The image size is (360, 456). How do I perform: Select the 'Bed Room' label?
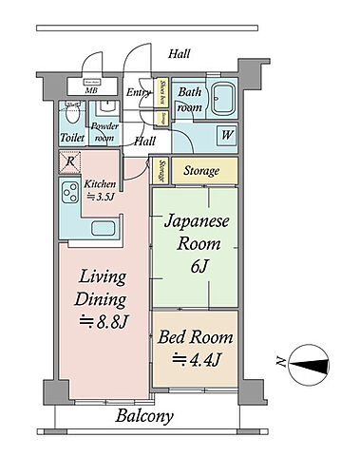pos(196,338)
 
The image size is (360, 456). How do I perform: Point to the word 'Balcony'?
pos(144,416)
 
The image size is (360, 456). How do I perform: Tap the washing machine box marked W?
pos(226,135)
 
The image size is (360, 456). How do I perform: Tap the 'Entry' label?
pos(139,92)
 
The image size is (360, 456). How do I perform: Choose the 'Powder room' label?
pos(104,131)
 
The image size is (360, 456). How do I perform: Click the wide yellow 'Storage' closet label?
pos(201,171)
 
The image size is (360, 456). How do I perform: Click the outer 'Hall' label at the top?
pos(179,55)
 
